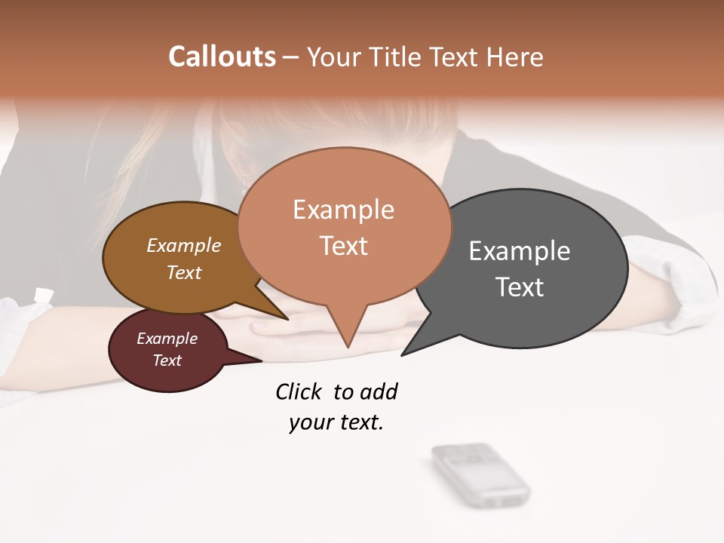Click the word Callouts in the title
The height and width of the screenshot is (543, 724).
tap(222, 57)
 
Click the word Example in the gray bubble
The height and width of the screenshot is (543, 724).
tap(520, 250)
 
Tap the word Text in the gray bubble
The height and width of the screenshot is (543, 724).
tap(520, 287)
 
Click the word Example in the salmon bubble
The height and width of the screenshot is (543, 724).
tap(343, 209)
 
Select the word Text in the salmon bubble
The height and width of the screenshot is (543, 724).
tap(343, 246)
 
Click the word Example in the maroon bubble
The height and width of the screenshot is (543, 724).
tap(167, 339)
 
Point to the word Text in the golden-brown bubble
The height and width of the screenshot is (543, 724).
tap(184, 272)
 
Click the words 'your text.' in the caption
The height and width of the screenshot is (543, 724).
tap(336, 422)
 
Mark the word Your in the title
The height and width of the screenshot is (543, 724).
tap(333, 57)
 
